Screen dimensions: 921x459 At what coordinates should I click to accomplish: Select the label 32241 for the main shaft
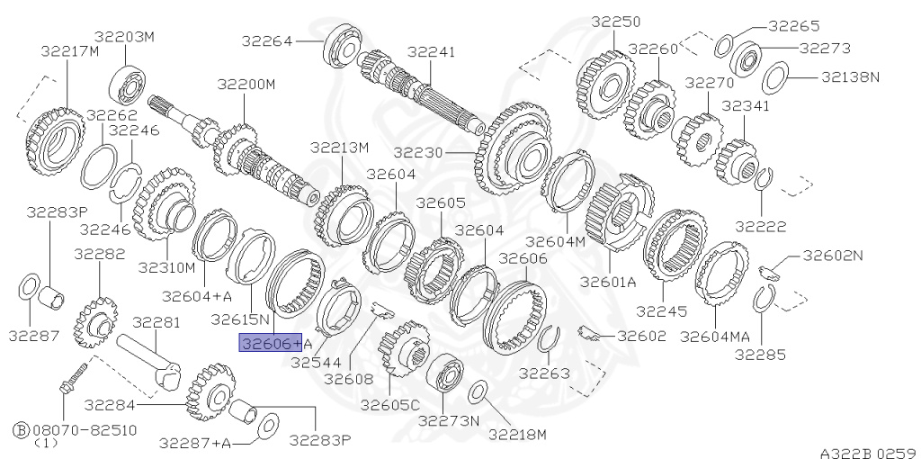pyautogui.click(x=431, y=51)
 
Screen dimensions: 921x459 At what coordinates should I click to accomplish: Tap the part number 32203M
pyautogui.click(x=124, y=37)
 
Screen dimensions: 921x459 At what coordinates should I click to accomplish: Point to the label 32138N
pyautogui.click(x=850, y=76)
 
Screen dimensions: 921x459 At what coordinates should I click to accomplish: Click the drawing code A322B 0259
pyautogui.click(x=870, y=453)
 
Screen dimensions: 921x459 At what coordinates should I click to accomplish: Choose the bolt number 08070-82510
pyautogui.click(x=85, y=430)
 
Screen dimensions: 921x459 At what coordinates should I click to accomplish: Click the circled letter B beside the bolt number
pyautogui.click(x=22, y=430)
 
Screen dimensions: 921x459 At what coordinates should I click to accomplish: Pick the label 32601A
pyautogui.click(x=609, y=282)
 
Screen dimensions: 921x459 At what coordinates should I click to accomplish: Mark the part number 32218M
pyautogui.click(x=517, y=435)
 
